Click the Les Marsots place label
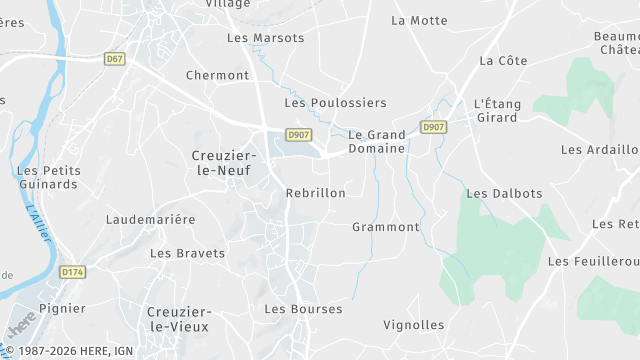click(265, 38)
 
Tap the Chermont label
click(217, 75)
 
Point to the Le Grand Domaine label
click(377, 141)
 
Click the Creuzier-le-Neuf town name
click(224, 162)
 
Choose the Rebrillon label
click(315, 192)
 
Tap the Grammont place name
click(386, 227)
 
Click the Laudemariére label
click(151, 218)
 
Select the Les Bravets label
click(187, 253)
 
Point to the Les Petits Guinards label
click(47, 177)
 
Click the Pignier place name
click(62, 308)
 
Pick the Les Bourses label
click(303, 309)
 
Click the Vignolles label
click(414, 325)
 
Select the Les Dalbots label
click(504, 193)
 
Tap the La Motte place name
click(419, 19)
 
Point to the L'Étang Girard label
click(496, 110)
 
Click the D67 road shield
click(115, 59)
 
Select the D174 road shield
click(72, 271)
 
